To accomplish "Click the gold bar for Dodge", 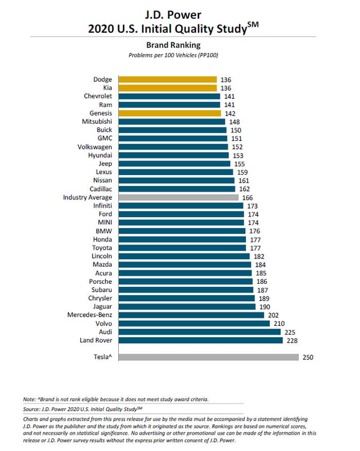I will click(x=167, y=80).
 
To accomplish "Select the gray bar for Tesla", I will click(x=208, y=357).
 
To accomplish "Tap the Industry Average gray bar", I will click(x=178, y=197).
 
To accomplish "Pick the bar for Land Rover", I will click(x=201, y=340).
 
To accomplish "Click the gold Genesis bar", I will click(x=170, y=113).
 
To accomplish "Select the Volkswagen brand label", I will click(x=95, y=147).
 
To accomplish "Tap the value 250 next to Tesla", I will click(x=308, y=357).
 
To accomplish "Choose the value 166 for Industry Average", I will click(x=247, y=197).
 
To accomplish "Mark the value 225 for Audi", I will click(x=290, y=332).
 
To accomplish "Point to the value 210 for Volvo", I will click(x=279, y=324).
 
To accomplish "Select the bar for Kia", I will click(x=167, y=88).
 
